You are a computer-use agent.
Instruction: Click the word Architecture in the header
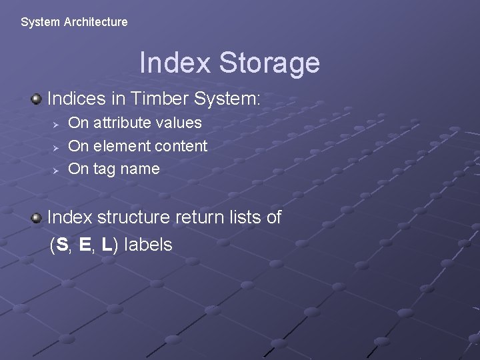[95, 22]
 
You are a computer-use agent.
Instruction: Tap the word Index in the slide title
[176, 63]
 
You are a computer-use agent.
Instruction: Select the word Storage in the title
[269, 63]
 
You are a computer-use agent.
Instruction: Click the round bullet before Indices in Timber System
[36, 99]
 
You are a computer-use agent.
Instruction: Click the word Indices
[77, 99]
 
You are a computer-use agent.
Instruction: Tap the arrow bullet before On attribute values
[57, 123]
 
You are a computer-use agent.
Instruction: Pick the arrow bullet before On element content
[57, 147]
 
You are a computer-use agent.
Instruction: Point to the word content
[179, 146]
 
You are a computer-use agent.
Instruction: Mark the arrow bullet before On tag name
[57, 170]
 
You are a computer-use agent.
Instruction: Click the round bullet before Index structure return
[36, 218]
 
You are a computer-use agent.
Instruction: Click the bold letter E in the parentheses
[85, 245]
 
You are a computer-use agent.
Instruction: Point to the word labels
[148, 245]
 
